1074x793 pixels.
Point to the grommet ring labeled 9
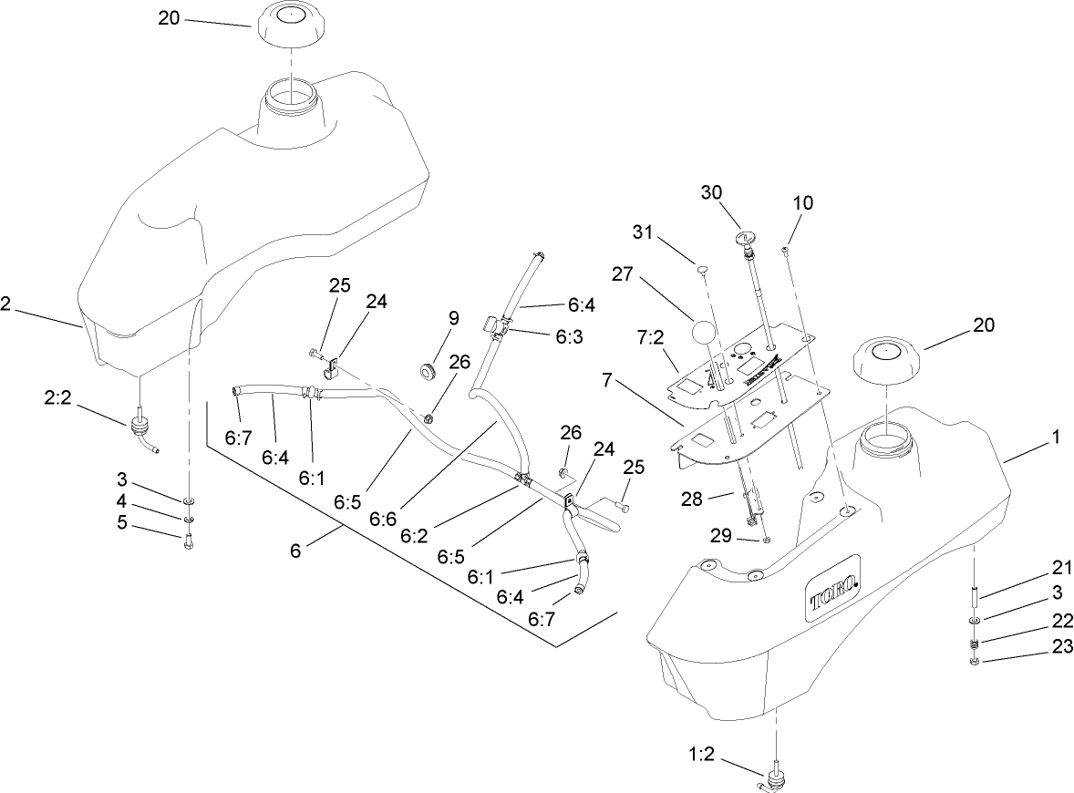pos(427,370)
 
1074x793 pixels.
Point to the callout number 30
pos(711,192)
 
